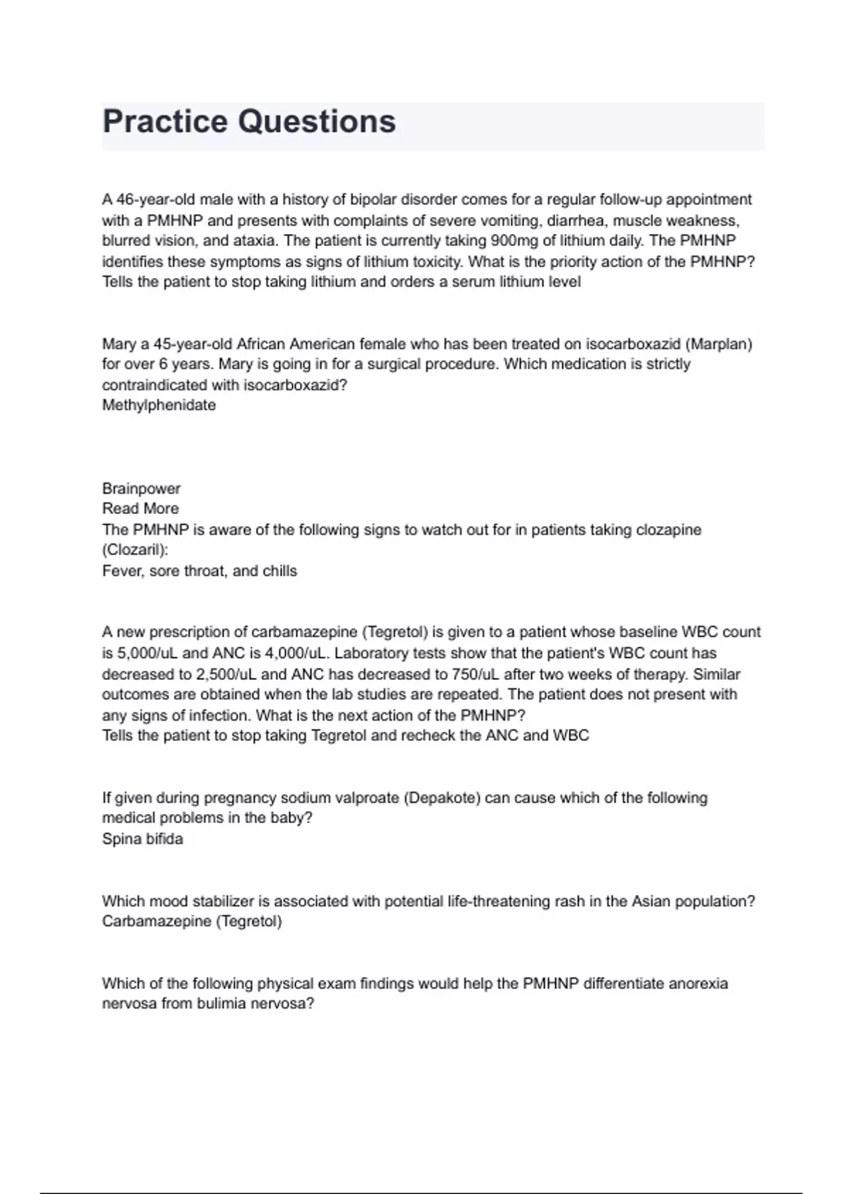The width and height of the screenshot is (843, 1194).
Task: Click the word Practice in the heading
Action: pos(165,122)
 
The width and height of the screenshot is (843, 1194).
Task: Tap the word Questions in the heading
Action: pos(317,122)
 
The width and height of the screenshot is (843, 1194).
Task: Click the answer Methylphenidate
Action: pos(159,405)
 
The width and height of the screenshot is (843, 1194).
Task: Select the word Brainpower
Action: pos(141,488)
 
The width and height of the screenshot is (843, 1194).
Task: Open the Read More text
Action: pos(140,509)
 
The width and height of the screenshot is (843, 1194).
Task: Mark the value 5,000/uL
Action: pos(147,653)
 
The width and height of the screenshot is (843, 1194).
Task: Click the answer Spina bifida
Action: pos(143,839)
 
